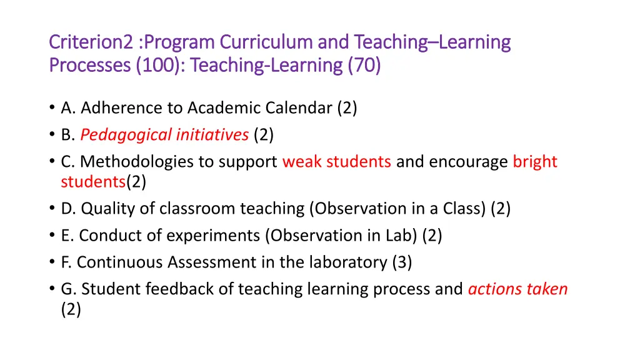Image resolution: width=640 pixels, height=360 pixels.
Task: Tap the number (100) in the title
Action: (156, 65)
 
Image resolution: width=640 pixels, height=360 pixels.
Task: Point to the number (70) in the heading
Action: (364, 65)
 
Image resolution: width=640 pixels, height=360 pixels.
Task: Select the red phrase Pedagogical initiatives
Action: (164, 135)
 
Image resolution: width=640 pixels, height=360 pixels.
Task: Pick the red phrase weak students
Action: (337, 162)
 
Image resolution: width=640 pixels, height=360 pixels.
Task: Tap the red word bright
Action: (535, 162)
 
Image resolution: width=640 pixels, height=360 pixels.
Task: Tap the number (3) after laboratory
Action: (402, 262)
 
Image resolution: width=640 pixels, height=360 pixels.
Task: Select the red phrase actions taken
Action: (517, 289)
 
